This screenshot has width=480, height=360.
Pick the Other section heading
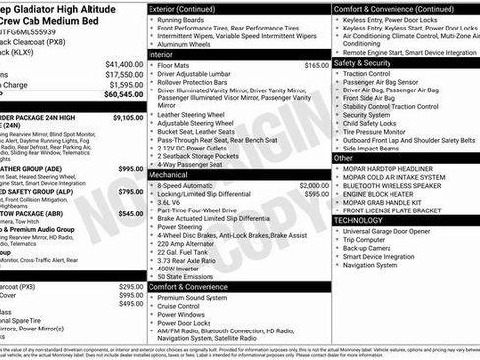point(343,157)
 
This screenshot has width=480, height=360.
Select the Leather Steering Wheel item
point(202,115)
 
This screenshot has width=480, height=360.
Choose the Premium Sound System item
point(202,297)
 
